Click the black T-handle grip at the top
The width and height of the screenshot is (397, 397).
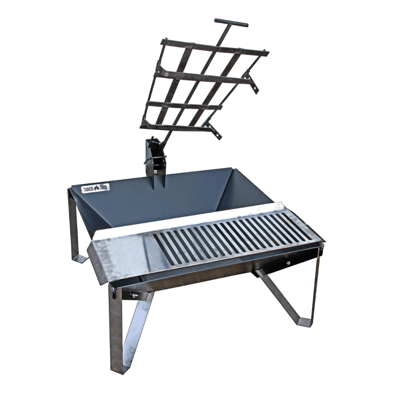click(231, 23)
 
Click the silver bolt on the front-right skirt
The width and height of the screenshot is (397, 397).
click(288, 264)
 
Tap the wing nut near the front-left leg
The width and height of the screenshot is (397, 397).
click(133, 295)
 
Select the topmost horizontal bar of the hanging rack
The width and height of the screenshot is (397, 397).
click(215, 48)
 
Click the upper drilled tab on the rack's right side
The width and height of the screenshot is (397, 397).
click(253, 83)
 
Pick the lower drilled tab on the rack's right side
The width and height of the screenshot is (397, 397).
click(214, 130)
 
